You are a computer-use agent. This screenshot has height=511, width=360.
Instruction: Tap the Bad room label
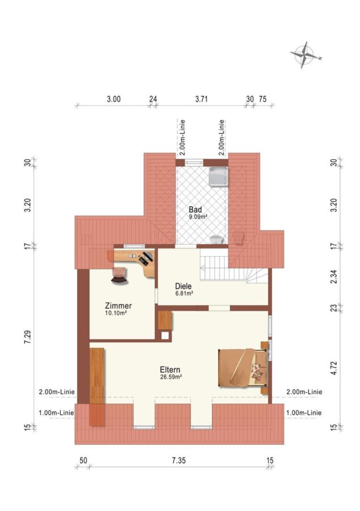tap(195, 210)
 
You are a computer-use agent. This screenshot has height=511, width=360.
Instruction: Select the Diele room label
tap(183, 287)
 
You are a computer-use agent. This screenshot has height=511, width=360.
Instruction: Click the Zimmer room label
tap(118, 305)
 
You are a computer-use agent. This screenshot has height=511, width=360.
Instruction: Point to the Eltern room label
tap(170, 370)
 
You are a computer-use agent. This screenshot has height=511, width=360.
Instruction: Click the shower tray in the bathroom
tap(219, 177)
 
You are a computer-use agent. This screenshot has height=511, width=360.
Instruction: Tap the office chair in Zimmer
tap(119, 275)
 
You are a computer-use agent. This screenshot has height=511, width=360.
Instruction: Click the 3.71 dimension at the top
tap(202, 99)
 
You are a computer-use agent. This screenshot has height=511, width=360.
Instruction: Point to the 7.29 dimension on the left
tap(28, 337)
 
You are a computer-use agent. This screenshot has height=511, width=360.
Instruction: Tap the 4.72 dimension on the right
tap(334, 368)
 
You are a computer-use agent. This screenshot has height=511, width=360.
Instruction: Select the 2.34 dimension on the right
tap(334, 277)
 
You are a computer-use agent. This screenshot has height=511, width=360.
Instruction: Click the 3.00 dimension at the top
tap(114, 99)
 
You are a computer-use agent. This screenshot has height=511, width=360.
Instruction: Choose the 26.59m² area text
tap(171, 377)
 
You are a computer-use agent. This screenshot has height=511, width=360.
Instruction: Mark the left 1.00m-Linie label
tap(56, 413)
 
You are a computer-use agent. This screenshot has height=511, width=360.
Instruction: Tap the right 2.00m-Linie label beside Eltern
tap(304, 392)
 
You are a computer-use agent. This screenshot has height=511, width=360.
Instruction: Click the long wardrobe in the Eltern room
tap(97, 387)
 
